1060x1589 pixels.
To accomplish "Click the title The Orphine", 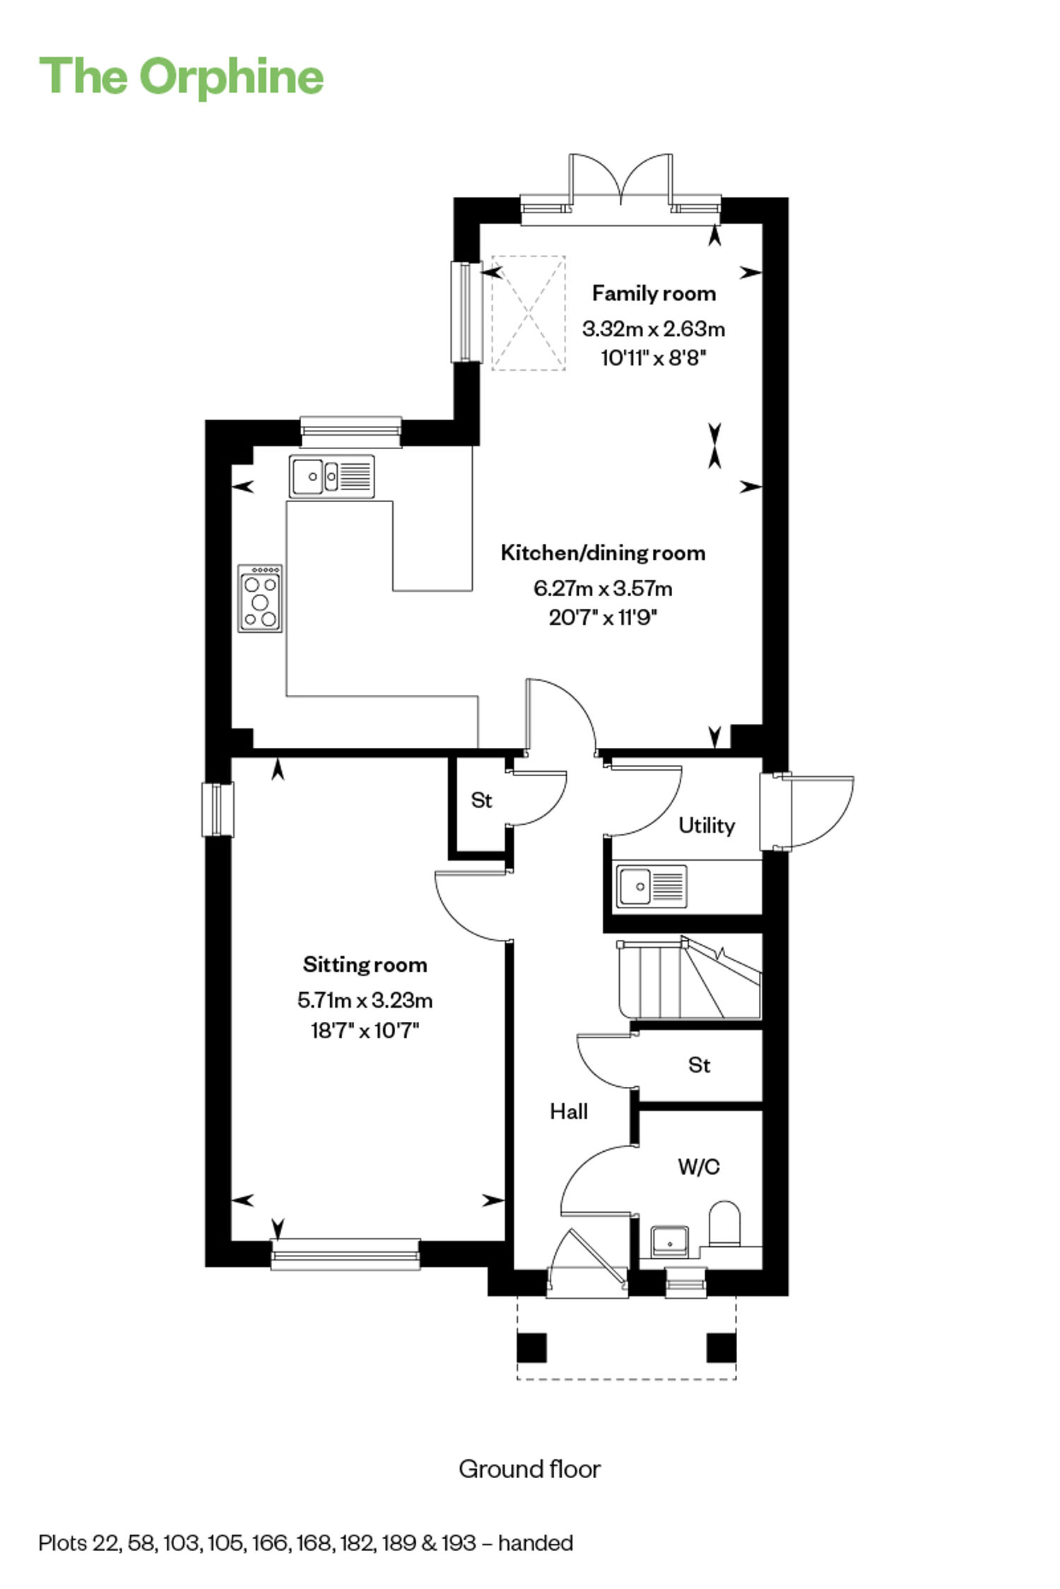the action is coord(182,76).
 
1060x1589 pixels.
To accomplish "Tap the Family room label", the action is coord(654,293).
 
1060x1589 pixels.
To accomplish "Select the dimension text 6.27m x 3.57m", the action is coord(603,588).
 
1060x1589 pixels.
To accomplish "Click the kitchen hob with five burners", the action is coord(260,598).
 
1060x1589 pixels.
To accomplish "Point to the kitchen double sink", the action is coord(331,476).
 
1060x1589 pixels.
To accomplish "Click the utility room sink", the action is coord(651,886).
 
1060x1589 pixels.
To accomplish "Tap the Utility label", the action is coord(707,825).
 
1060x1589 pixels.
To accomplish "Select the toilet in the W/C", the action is coord(724,1223).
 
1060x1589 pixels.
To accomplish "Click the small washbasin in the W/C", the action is coord(669,1241).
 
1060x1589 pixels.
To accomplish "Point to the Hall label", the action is coord(569,1112).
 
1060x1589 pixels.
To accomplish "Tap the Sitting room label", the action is coord(365,964).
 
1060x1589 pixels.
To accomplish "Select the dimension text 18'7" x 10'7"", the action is coord(365,1030).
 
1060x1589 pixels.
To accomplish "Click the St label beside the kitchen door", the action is coord(481,800).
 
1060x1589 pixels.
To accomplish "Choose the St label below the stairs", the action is coord(699,1065).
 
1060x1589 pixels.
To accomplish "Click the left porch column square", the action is coord(531,1347).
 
